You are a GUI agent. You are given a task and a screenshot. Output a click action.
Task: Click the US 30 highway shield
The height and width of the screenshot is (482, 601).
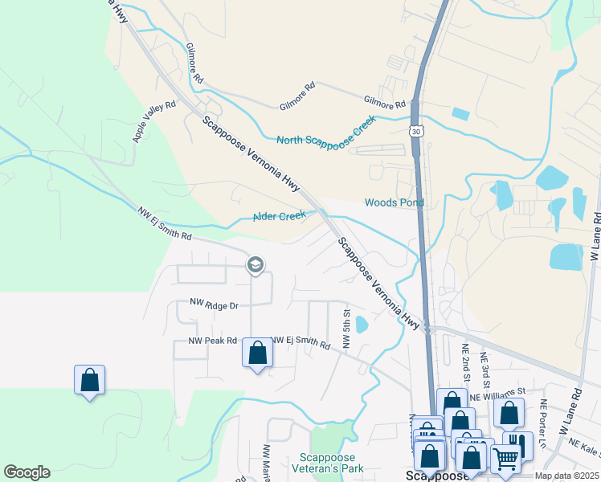(x=415, y=129)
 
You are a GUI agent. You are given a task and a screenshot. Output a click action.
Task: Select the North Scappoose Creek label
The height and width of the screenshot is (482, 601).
(x=326, y=133)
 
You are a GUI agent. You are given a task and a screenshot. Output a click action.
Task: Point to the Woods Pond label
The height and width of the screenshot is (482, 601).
(x=394, y=202)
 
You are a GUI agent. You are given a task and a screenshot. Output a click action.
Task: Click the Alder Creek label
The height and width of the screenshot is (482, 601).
(x=280, y=216)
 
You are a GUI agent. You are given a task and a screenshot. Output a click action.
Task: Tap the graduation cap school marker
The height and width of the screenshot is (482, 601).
(x=256, y=265)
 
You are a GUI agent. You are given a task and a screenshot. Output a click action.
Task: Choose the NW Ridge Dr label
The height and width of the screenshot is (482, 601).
(x=215, y=305)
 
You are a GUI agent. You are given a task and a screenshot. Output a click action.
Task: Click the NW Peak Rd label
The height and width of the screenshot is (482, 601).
(x=212, y=341)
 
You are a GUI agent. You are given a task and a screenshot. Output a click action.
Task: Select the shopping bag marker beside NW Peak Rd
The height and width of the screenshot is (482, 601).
(x=257, y=353)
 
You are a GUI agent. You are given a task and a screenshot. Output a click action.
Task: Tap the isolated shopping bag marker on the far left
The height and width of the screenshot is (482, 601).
(x=89, y=379)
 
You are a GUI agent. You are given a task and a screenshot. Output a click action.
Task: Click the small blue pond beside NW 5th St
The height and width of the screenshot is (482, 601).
(x=361, y=325)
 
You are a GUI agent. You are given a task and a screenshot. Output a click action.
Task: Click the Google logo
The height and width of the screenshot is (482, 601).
(x=27, y=472)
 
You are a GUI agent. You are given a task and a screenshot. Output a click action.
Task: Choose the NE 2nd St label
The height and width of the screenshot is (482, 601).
(x=465, y=360)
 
